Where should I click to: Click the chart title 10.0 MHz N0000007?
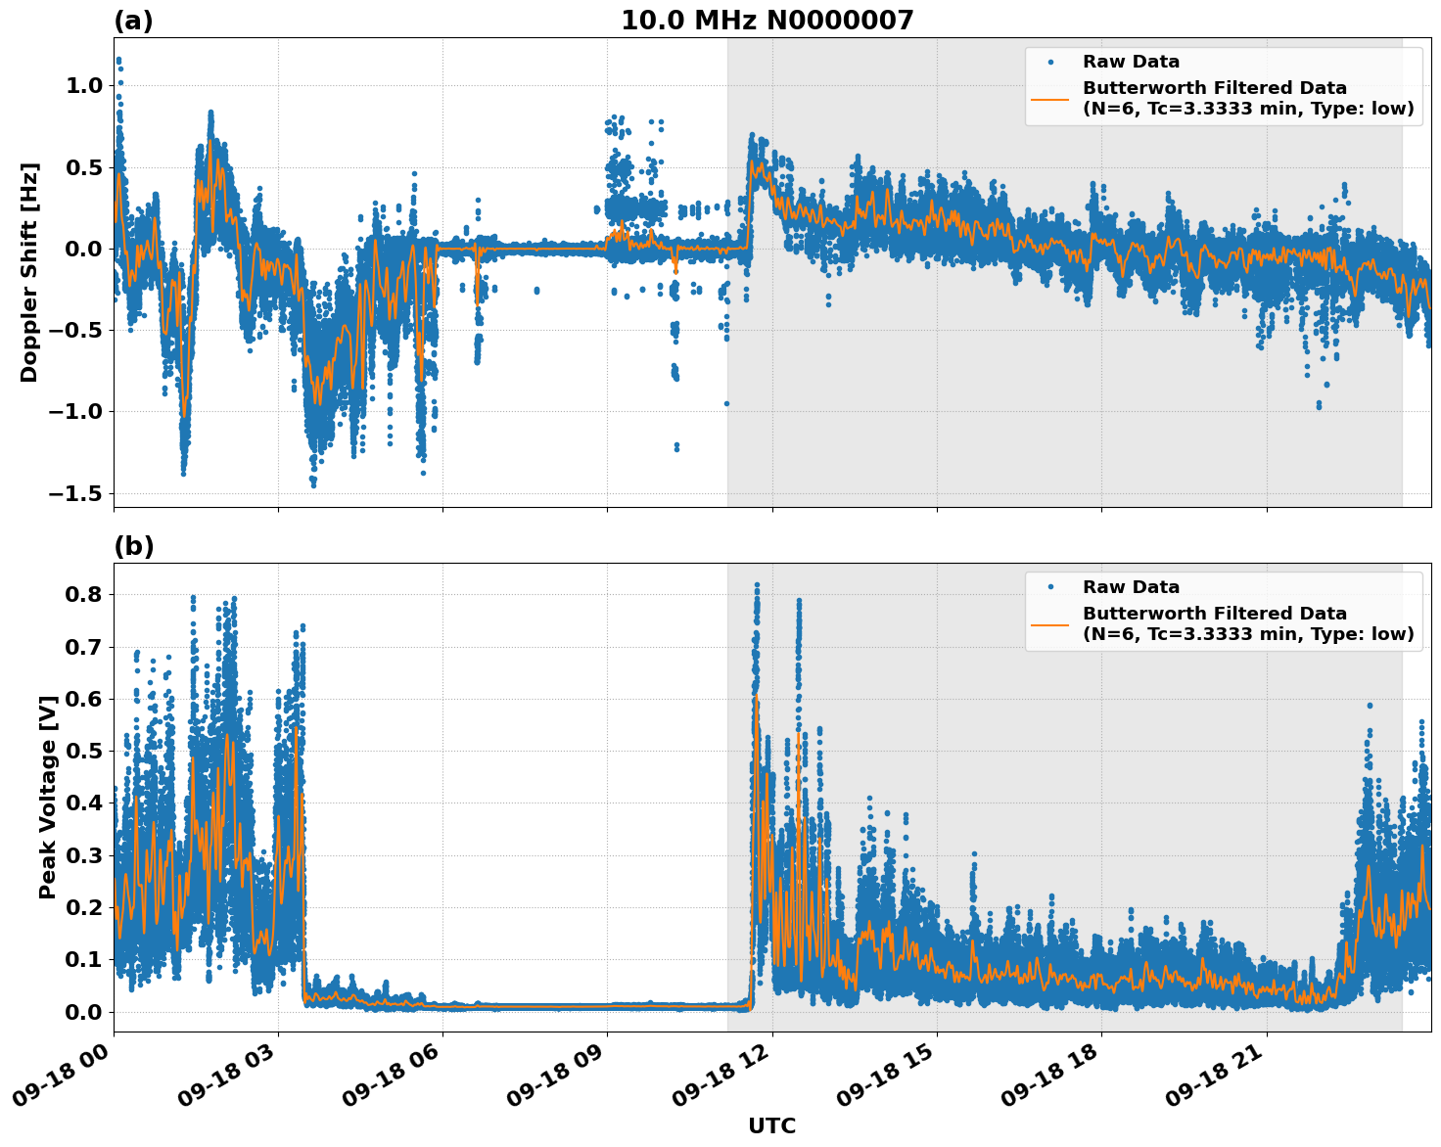pos(767,21)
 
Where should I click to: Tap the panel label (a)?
pos(133,21)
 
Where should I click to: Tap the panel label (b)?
pos(133,546)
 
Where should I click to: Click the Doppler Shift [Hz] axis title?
pos(29,272)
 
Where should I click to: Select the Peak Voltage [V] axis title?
pos(47,797)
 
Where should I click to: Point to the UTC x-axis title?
pos(771,1125)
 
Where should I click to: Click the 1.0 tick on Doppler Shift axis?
pos(83,86)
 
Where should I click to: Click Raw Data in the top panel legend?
pos(1131,63)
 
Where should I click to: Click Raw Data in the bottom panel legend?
pos(1131,587)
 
